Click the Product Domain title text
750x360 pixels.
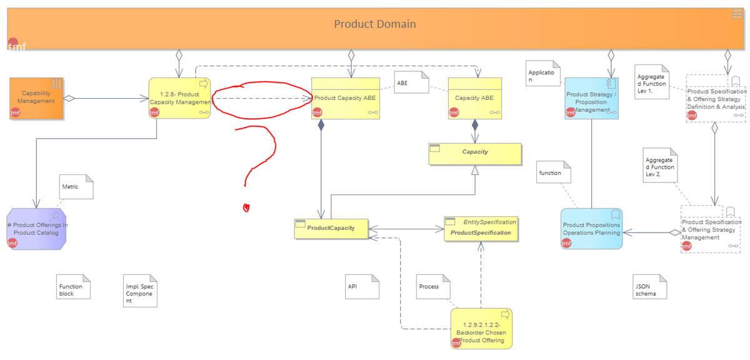tap(374, 24)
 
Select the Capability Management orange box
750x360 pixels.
tap(36, 98)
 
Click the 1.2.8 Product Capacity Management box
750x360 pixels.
tap(179, 98)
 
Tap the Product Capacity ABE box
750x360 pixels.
tap(346, 98)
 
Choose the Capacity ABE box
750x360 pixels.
tap(474, 98)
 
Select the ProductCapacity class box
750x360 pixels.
tap(331, 228)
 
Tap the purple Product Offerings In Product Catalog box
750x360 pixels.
tap(37, 229)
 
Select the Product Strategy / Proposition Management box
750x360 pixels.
tap(591, 99)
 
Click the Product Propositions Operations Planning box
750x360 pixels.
tap(591, 229)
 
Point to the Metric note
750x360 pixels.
tap(76, 187)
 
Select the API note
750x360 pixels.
tap(362, 287)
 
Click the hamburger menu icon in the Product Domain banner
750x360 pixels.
tap(737, 14)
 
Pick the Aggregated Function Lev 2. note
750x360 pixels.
tap(659, 166)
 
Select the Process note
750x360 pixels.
tap(432, 287)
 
